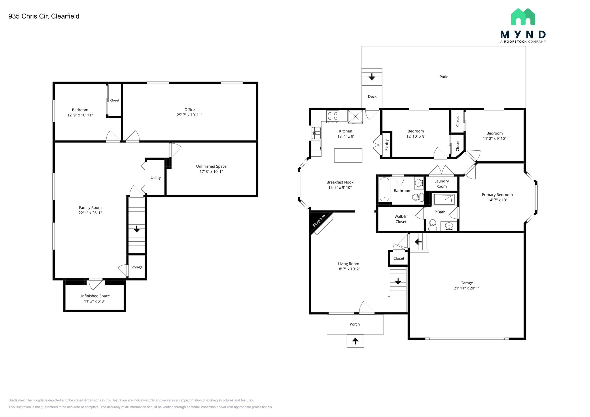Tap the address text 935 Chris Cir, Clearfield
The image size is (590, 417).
(x=44, y=16)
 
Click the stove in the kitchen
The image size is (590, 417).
(x=333, y=116)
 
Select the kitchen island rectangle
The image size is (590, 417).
(x=348, y=155)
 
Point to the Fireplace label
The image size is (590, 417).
(x=319, y=220)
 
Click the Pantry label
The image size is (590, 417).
(x=387, y=145)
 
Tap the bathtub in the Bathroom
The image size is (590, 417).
(x=384, y=189)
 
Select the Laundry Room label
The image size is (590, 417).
(x=441, y=184)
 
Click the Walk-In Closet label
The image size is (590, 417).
(x=401, y=219)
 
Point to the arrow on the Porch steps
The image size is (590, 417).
(x=355, y=341)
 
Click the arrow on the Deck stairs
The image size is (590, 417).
(x=372, y=77)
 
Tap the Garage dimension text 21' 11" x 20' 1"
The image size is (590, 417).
(x=466, y=288)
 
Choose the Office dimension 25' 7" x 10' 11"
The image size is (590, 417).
(x=190, y=115)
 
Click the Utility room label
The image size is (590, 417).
(x=156, y=178)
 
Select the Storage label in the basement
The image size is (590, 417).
(x=137, y=267)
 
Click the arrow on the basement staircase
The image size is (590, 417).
(x=137, y=229)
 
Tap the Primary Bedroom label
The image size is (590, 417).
(x=497, y=195)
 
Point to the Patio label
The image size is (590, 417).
(x=444, y=77)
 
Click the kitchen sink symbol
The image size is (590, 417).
(x=316, y=133)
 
